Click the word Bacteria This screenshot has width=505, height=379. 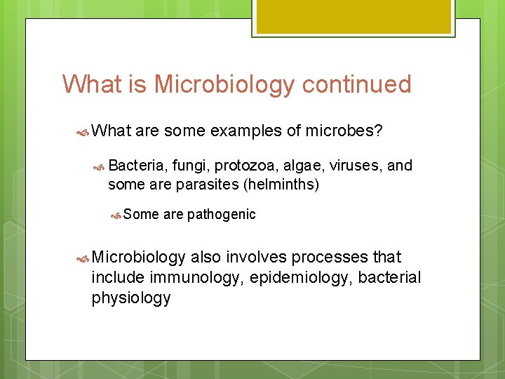(x=136, y=166)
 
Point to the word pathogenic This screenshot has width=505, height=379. (x=221, y=215)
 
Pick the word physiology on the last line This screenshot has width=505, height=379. (x=131, y=298)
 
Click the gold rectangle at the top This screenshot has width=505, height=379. (x=353, y=16)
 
